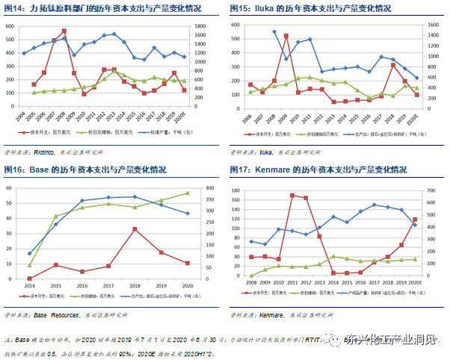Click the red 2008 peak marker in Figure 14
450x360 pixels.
[64, 31]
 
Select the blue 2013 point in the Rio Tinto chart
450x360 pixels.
[114, 34]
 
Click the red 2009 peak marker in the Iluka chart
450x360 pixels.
[286, 36]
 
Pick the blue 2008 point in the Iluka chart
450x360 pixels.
[274, 32]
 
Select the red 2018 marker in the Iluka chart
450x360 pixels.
[392, 65]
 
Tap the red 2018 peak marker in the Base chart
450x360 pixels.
[135, 229]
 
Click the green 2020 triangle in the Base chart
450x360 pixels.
[188, 193]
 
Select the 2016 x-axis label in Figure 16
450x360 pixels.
[82, 287]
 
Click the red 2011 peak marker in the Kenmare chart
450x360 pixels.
[292, 195]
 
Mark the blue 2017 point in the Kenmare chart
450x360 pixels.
[374, 205]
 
